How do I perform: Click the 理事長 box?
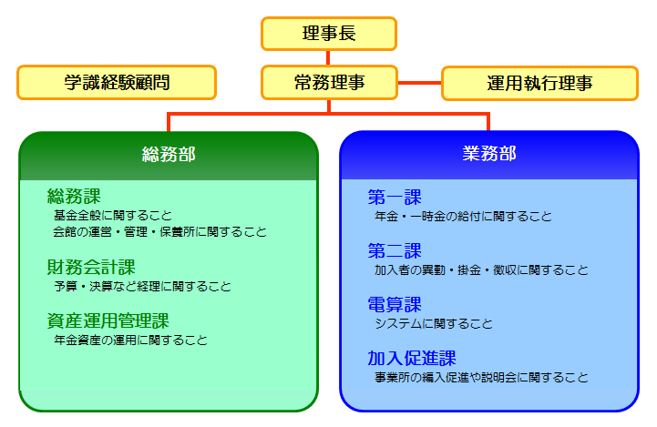[329, 34]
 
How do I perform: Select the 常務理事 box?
[329, 83]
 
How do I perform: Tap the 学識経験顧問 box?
[117, 83]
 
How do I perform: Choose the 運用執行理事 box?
[539, 83]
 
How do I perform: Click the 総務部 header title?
[169, 155]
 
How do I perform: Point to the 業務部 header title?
[489, 154]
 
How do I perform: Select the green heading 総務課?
[74, 197]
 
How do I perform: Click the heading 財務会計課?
[91, 267]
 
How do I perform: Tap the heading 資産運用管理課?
[108, 321]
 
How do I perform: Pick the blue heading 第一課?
[395, 198]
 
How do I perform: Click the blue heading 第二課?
[395, 250]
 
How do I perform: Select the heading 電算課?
[395, 304]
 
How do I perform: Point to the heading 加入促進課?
[412, 358]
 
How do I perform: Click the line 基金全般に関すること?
[113, 216]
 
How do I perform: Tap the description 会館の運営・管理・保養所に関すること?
[160, 232]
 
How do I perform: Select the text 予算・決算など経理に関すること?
[142, 287]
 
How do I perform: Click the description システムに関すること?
[434, 323]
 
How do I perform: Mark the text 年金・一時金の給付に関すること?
[463, 217]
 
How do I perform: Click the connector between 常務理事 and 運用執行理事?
[419, 83]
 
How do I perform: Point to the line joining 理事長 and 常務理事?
[328, 57]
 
